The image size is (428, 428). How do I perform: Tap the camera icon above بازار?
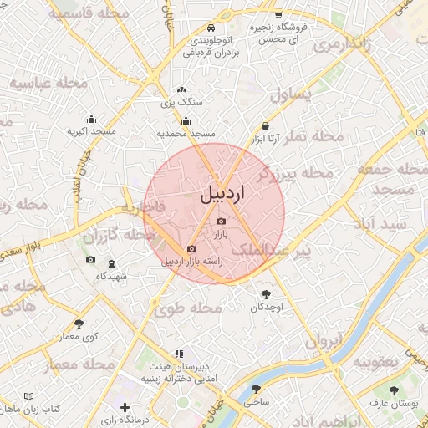(221, 222)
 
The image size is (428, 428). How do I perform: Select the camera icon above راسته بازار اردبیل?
(192, 248)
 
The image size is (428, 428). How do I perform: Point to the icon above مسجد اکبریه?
(90, 119)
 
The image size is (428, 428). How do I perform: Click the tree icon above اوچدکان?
(267, 293)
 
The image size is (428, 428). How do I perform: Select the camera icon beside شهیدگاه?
(90, 260)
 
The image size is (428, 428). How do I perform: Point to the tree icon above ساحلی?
(256, 389)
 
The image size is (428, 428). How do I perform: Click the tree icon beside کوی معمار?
(79, 323)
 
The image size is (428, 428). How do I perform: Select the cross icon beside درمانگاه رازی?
(125, 408)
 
